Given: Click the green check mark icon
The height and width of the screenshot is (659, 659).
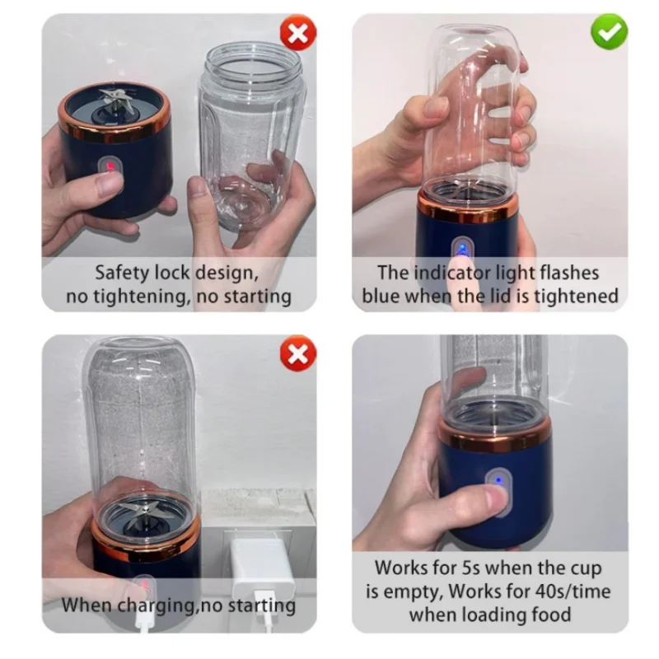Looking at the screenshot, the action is click(609, 31).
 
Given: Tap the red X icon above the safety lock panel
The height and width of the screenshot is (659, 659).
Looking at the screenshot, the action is click(298, 33).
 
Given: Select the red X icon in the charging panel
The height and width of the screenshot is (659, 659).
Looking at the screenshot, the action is click(298, 353).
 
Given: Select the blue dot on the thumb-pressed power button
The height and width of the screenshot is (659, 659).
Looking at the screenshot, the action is click(498, 480).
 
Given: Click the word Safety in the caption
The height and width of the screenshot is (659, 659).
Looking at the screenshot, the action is click(122, 273).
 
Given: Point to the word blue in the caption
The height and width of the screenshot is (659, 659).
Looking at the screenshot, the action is click(381, 296).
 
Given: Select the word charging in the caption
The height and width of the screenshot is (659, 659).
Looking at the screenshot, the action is click(157, 606).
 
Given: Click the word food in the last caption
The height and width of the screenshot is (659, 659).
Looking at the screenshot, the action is click(550, 615).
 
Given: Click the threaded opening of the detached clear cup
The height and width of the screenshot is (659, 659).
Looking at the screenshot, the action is click(252, 63).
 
